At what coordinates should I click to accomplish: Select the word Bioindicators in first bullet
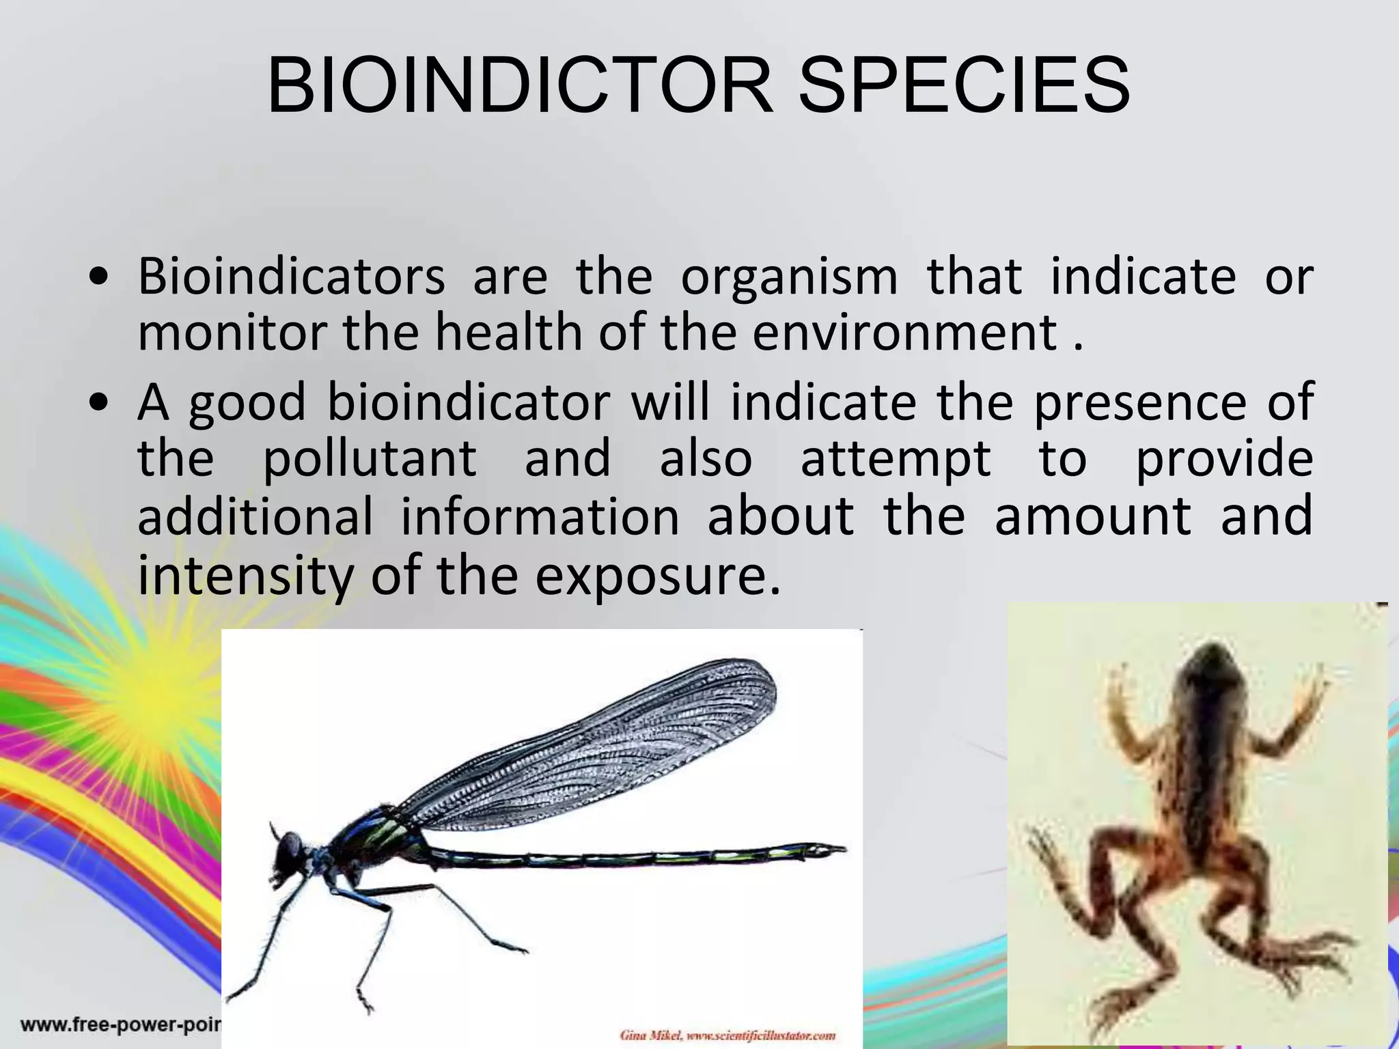pyautogui.click(x=292, y=277)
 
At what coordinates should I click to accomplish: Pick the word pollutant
pyautogui.click(x=370, y=459)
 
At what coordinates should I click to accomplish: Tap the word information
pyautogui.click(x=540, y=516)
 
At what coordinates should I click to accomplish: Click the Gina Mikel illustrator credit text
pyautogui.click(x=728, y=1035)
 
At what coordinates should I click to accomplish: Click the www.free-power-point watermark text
pyautogui.click(x=120, y=1024)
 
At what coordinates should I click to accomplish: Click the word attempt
pyautogui.click(x=895, y=459)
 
